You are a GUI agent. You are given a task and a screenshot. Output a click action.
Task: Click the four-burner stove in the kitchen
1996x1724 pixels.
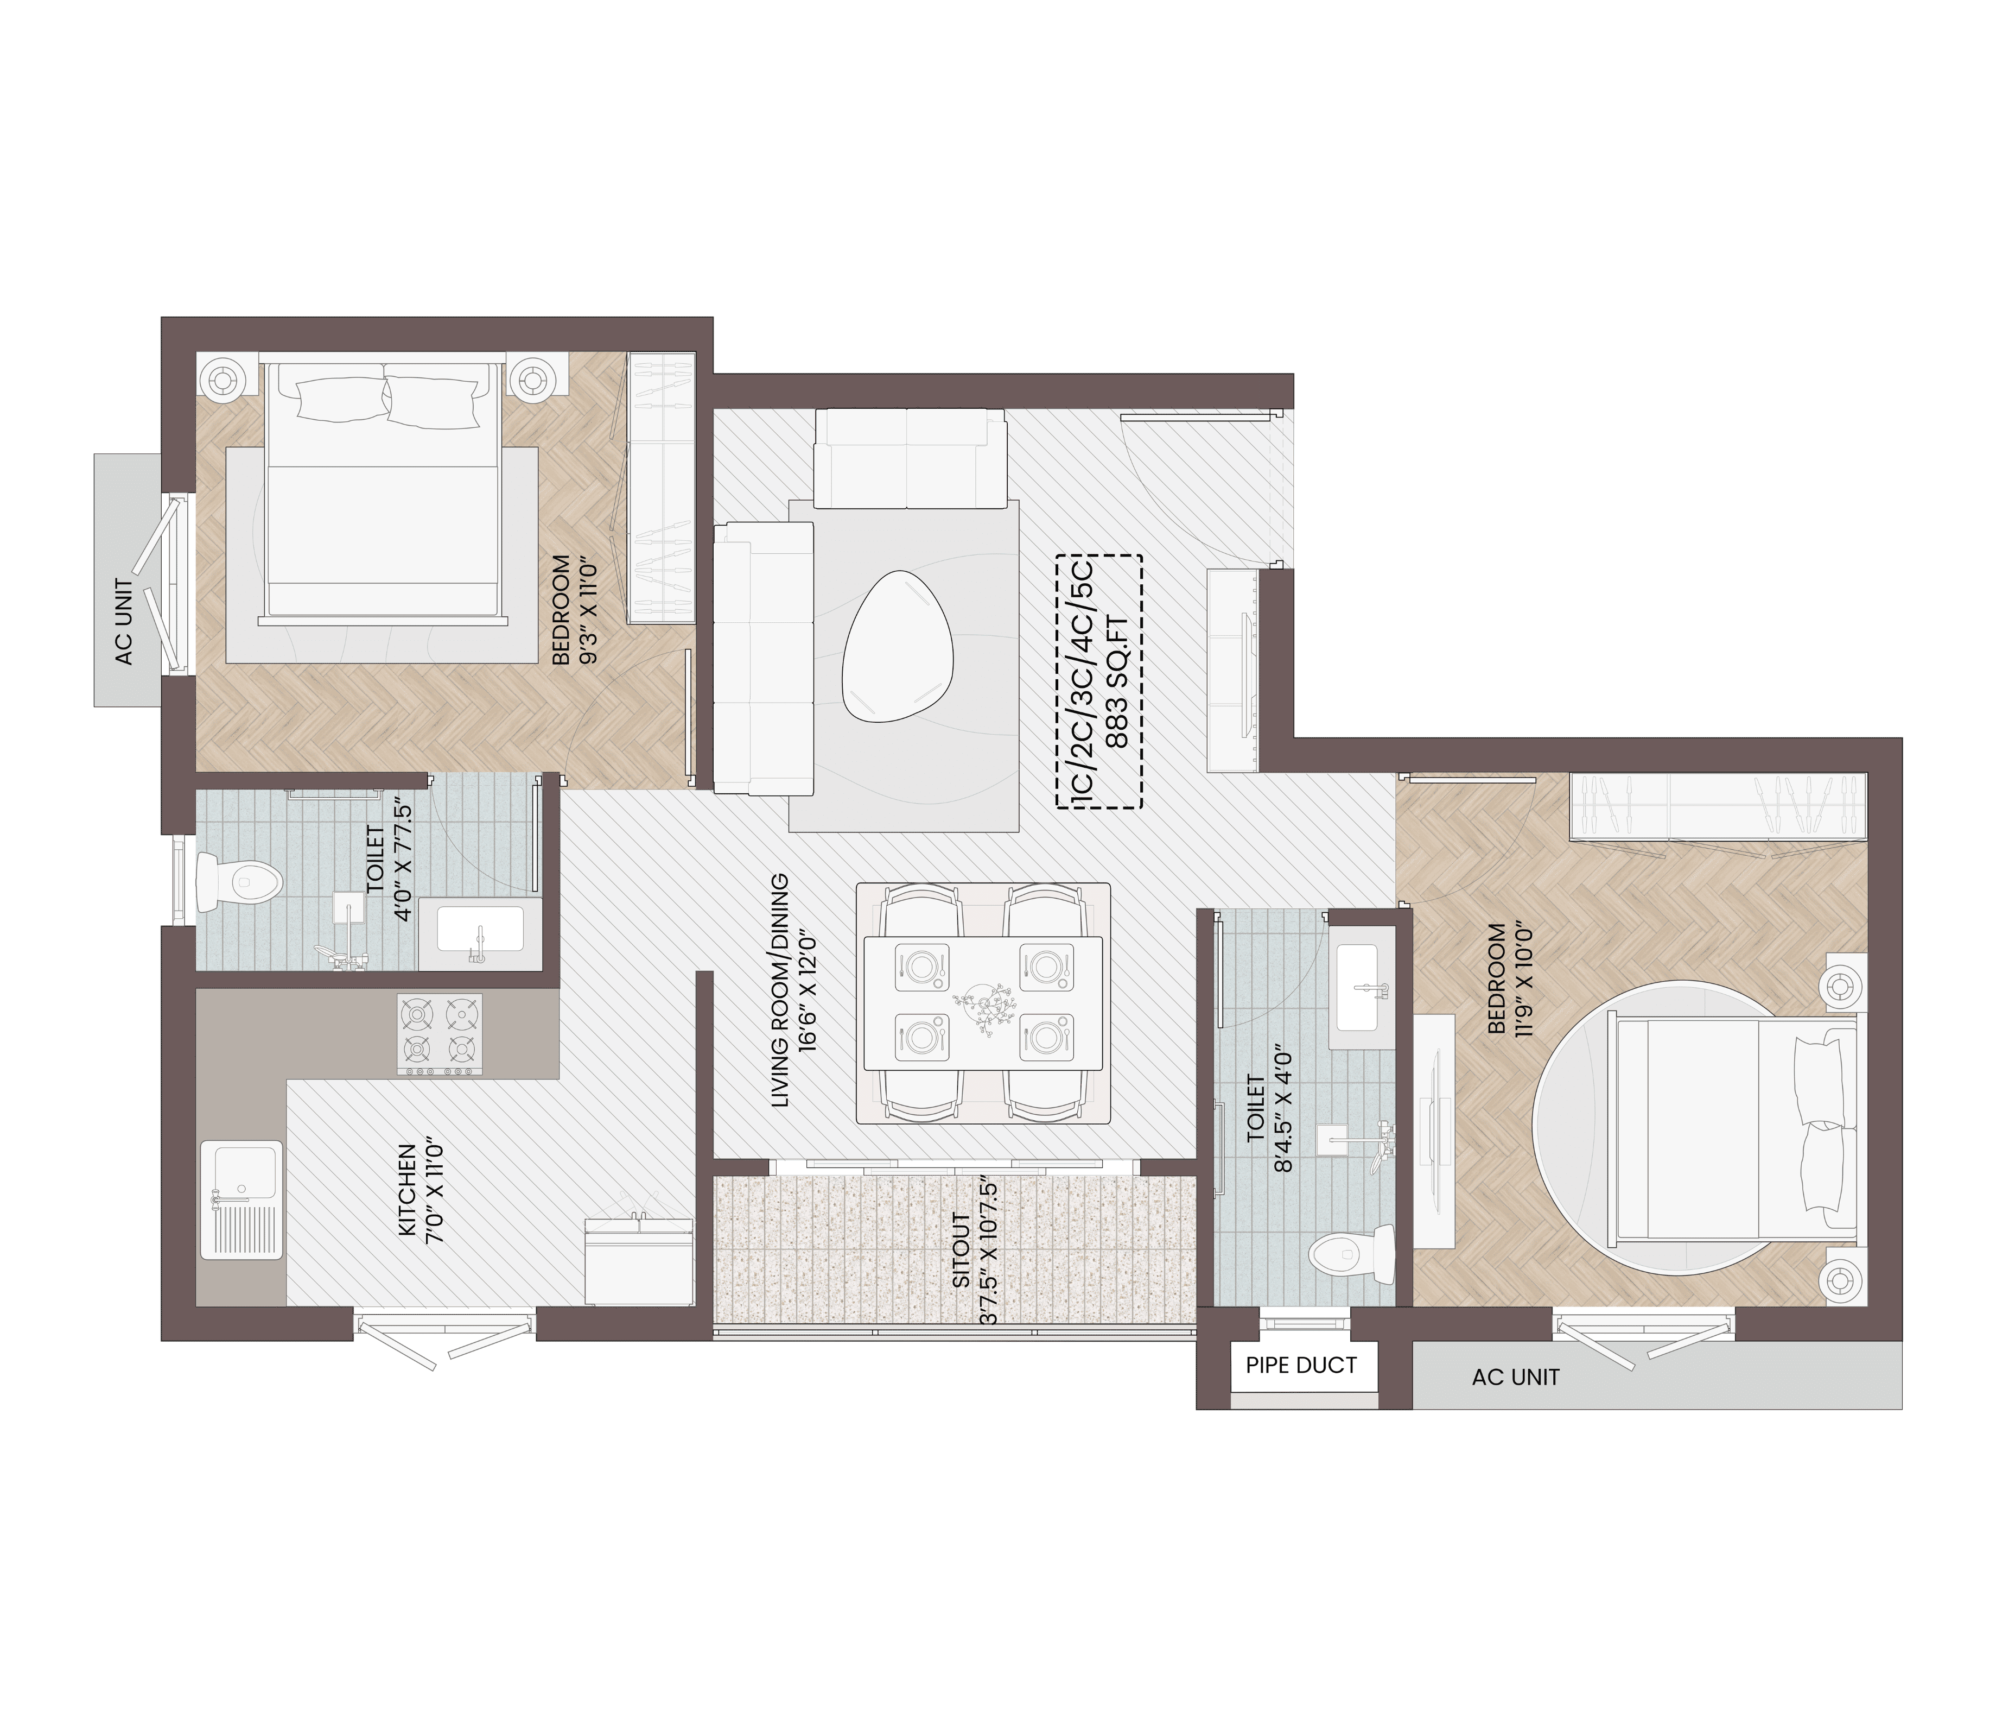pyautogui.click(x=439, y=1034)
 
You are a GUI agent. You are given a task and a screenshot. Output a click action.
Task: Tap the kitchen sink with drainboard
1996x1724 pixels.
pyautogui.click(x=241, y=1200)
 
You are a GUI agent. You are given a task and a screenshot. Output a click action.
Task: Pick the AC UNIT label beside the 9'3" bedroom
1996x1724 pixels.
pyautogui.click(x=124, y=622)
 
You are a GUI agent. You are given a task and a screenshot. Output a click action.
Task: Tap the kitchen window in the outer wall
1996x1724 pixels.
pyautogui.click(x=444, y=1330)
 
